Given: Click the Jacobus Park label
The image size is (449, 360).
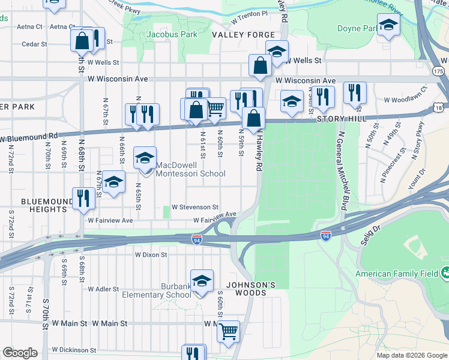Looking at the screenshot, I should click(x=172, y=35).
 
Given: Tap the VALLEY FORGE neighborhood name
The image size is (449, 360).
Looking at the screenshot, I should click(x=243, y=35).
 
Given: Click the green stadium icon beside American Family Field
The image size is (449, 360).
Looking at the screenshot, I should click(x=445, y=274).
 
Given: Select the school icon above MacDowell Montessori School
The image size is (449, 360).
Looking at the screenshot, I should click(x=145, y=158).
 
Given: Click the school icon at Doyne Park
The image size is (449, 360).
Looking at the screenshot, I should click(x=388, y=25).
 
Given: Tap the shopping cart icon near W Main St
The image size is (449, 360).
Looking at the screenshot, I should click(x=228, y=331).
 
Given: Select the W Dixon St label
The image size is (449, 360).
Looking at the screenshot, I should click(x=151, y=254).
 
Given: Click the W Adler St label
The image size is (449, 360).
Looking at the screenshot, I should click(x=104, y=289).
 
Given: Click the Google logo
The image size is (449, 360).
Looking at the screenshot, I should click(x=20, y=353).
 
